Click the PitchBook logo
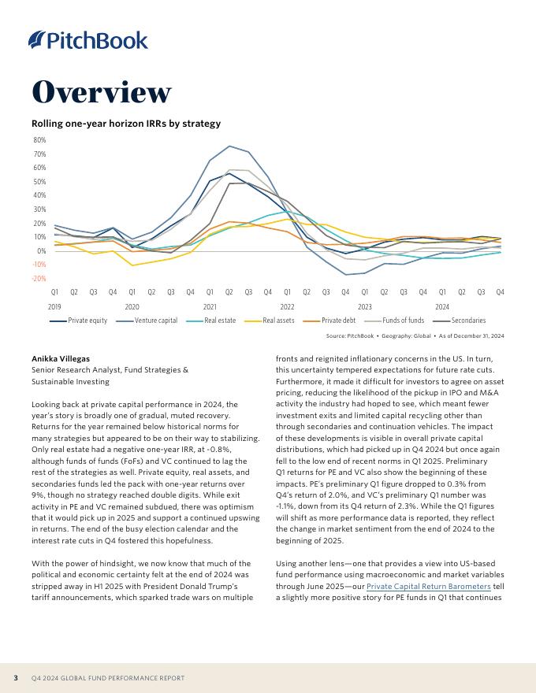pyautogui.click(x=88, y=40)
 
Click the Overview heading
pyautogui.click(x=101, y=92)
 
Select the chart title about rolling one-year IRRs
pyautogui.click(x=125, y=124)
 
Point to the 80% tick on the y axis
pyautogui.click(x=39, y=140)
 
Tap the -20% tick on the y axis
pyautogui.click(x=39, y=279)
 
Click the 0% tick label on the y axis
pyautogui.click(x=42, y=251)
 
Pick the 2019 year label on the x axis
pyautogui.click(x=54, y=306)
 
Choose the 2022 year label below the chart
pyautogui.click(x=287, y=306)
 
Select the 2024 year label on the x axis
pyautogui.click(x=442, y=306)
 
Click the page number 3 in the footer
pyautogui.click(x=16, y=677)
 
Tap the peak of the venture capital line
pyautogui.click(x=229, y=146)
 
